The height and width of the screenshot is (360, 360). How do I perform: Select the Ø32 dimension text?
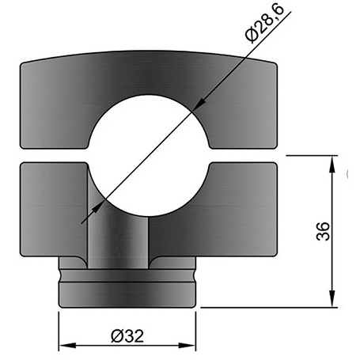click(x=127, y=335)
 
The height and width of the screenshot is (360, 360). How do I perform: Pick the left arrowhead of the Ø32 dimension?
click(x=66, y=346)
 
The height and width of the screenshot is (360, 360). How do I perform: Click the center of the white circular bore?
click(x=148, y=154)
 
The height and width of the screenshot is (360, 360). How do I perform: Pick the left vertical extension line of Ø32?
click(x=59, y=328)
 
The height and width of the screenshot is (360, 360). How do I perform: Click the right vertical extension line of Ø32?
click(x=195, y=328)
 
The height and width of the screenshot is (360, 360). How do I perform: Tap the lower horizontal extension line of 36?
click(x=269, y=307)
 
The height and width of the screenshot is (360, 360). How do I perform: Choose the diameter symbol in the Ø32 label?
click(x=116, y=335)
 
